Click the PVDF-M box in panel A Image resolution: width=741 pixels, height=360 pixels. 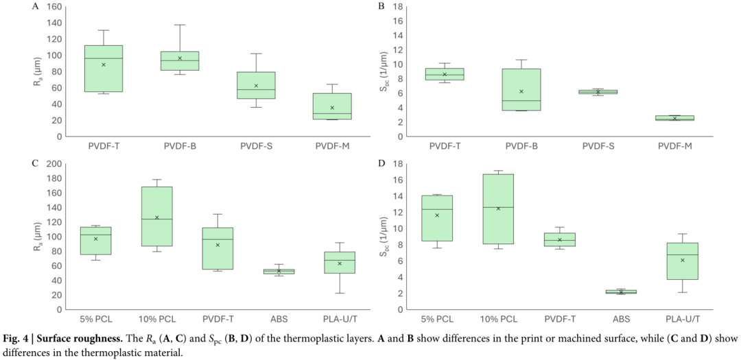coord(331,106)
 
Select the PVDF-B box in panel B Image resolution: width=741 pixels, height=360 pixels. coord(521,89)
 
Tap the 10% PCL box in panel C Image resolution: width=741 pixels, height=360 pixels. coord(156,216)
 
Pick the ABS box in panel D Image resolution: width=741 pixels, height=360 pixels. coord(621,291)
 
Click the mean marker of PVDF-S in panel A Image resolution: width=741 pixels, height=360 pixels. coord(256,86)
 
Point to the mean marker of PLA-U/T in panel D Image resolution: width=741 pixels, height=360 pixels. coord(682,261)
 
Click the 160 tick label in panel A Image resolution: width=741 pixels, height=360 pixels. coord(54,7)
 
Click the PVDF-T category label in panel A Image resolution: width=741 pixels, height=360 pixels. coord(104,147)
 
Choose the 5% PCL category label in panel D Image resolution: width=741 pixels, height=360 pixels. coord(437,320)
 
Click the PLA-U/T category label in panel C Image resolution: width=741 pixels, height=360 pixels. coord(339,320)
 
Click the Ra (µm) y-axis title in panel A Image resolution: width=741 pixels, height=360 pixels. coord(36,72)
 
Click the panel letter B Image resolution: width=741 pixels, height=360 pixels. coord(381,6)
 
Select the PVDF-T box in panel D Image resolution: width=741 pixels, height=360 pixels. coord(560,239)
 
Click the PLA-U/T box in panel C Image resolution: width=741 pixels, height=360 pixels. coord(339,263)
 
